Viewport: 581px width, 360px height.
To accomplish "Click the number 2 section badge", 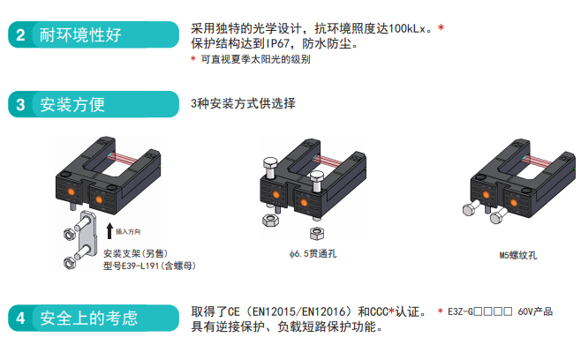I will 19,35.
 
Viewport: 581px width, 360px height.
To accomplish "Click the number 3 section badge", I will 19,104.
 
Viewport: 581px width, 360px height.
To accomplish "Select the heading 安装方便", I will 73,104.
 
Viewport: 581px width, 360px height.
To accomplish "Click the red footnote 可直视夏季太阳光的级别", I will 255,59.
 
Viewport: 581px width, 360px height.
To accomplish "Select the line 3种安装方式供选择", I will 243,103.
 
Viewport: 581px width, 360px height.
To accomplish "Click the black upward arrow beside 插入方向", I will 108,231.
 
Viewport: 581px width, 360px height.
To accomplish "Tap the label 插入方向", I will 129,231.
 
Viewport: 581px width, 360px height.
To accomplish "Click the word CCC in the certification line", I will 374,311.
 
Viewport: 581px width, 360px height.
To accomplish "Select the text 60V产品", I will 533,311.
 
